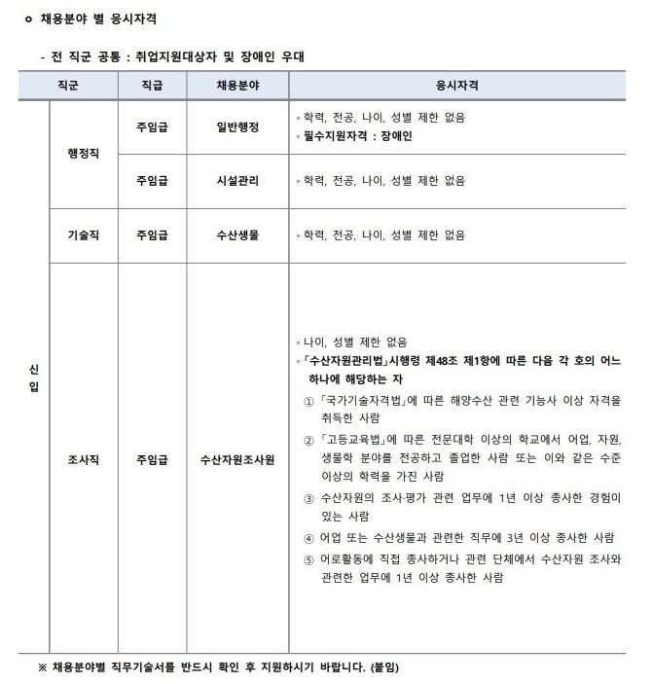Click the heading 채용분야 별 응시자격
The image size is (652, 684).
96,18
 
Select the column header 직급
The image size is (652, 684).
152,86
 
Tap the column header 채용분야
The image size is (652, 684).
237,86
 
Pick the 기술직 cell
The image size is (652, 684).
83,235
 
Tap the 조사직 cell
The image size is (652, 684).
83,458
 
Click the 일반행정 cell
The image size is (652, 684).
237,126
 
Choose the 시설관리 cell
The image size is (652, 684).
237,181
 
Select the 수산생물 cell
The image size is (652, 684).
237,235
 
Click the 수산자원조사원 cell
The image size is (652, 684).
237,458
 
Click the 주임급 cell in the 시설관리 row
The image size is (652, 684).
152,181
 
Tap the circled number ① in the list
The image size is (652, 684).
309,401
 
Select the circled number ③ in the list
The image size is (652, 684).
309,498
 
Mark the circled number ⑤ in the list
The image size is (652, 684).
309,558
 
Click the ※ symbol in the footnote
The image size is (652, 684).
42,667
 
